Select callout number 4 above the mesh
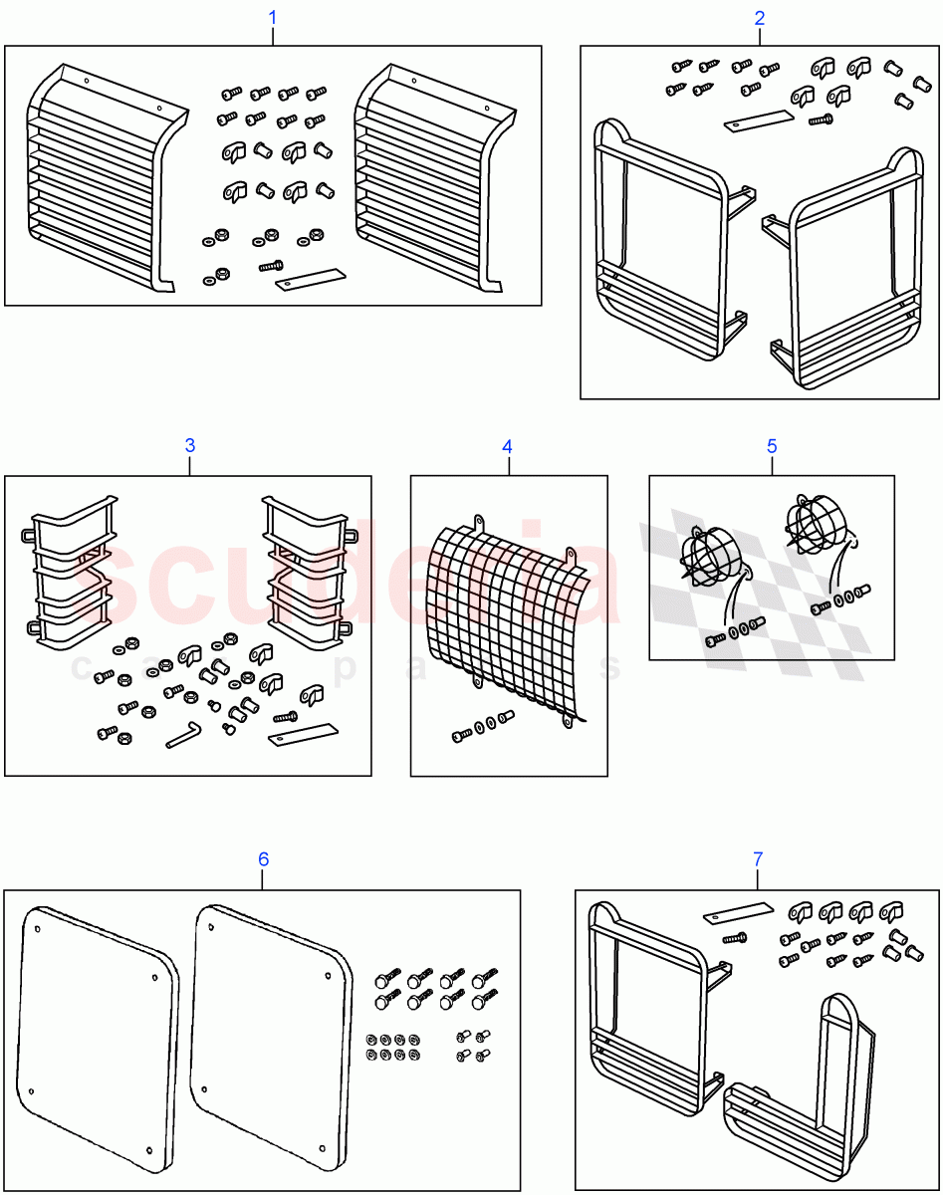click(x=507, y=446)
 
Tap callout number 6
click(x=263, y=858)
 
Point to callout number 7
click(x=757, y=857)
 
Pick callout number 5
click(x=772, y=446)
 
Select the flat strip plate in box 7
click(x=738, y=912)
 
